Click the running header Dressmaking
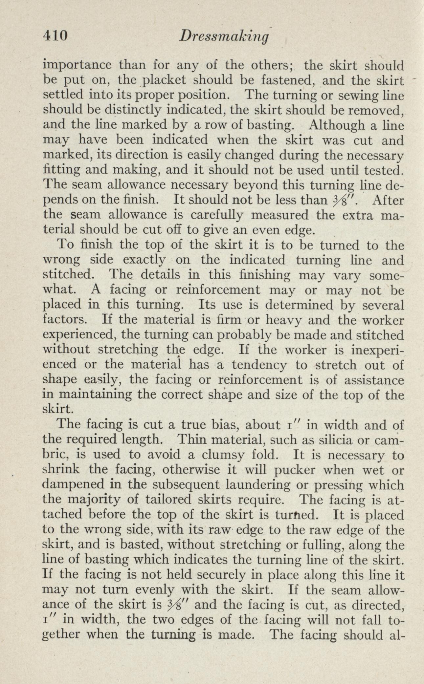tap(224, 36)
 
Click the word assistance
tap(374, 380)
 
